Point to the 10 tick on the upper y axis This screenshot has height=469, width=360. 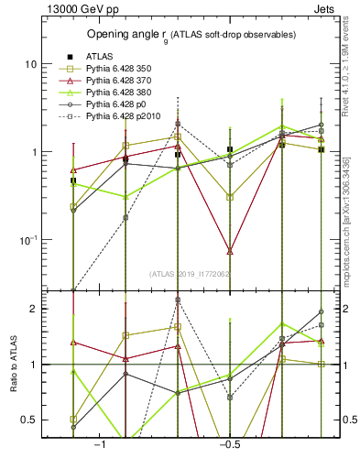pyautogui.click(x=30, y=64)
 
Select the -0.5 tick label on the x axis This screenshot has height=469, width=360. pyautogui.click(x=229, y=443)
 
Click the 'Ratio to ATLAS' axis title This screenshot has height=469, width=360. pyautogui.click(x=12, y=365)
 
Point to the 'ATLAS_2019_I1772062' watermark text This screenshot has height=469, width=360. pyautogui.click(x=189, y=273)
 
